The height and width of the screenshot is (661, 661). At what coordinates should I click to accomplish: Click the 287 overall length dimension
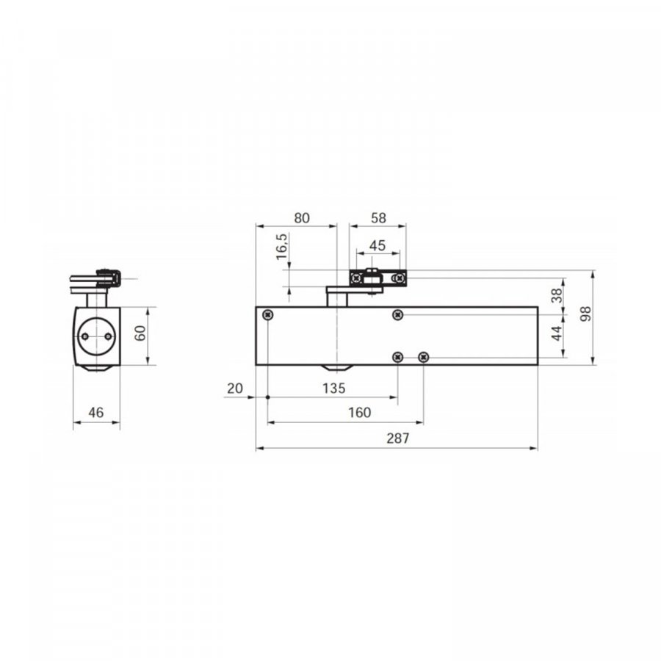click(397, 438)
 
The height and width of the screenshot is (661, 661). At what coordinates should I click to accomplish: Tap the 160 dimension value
click(360, 412)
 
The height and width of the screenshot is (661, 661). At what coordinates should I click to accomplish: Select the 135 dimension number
click(334, 389)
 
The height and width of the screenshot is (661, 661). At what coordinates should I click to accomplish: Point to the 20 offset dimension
click(235, 389)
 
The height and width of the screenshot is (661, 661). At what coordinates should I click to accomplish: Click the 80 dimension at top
click(302, 218)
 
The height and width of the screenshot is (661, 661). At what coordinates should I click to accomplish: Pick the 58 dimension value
click(378, 218)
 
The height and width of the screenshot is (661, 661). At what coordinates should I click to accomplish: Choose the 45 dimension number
click(378, 245)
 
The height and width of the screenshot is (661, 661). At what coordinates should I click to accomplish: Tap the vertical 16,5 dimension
click(281, 247)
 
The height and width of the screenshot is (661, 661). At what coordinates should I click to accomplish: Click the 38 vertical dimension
click(557, 295)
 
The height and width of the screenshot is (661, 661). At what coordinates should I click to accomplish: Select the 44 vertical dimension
click(557, 333)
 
